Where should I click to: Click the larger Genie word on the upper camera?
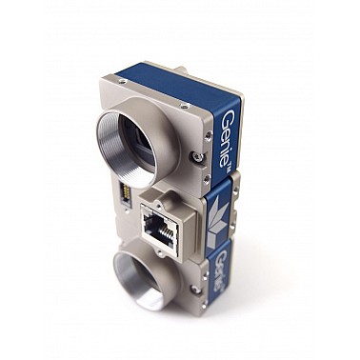[x=227, y=138]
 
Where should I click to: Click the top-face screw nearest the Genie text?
[x=183, y=105]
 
